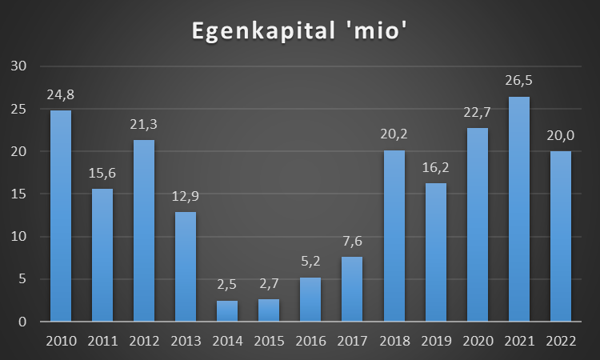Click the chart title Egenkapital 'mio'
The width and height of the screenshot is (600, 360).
pyautogui.click(x=300, y=32)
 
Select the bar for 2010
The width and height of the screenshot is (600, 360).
pyautogui.click(x=61, y=216)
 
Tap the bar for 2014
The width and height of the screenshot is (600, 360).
pyautogui.click(x=227, y=311)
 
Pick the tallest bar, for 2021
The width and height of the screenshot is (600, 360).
pyautogui.click(x=518, y=210)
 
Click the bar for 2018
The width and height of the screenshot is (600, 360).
pyautogui.click(x=394, y=236)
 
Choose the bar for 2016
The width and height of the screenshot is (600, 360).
pyautogui.click(x=310, y=300)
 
